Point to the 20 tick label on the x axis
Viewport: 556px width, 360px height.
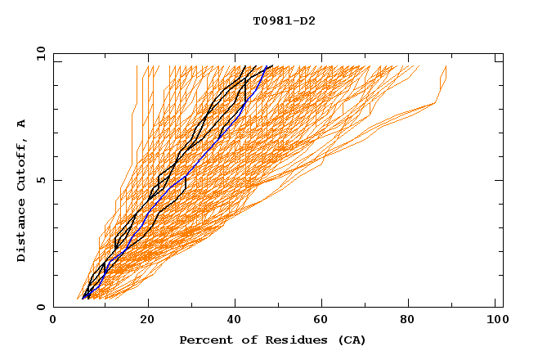coord(148,321)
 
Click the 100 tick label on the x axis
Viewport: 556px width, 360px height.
coord(495,321)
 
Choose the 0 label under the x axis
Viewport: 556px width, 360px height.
coord(53,321)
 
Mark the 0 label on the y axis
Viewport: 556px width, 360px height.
coord(40,307)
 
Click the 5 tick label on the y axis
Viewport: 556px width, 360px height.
coord(40,180)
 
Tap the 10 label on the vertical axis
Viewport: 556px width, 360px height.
coord(40,53)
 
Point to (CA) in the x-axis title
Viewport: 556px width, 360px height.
coord(349,340)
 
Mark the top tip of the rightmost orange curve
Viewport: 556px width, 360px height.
coord(446,66)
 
